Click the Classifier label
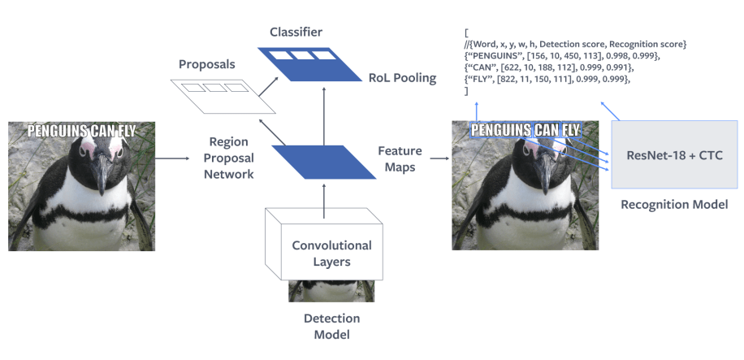(x=296, y=33)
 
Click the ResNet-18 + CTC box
(x=673, y=154)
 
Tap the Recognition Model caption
(x=673, y=204)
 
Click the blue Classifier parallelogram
(x=309, y=63)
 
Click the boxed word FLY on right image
(x=564, y=130)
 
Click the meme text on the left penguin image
(x=81, y=131)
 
